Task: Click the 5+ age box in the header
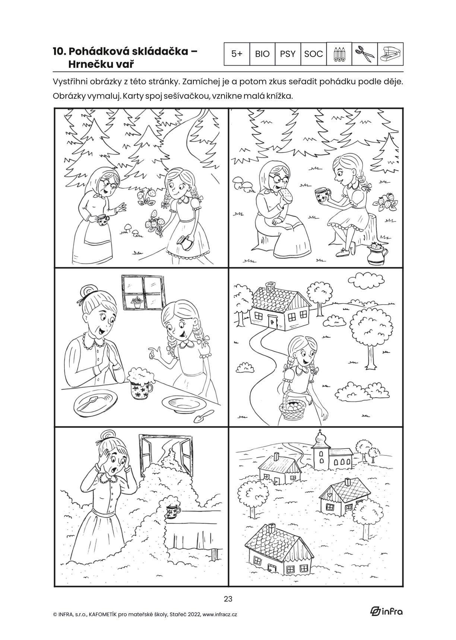click(237, 54)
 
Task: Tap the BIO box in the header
click(262, 54)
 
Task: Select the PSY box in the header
click(288, 54)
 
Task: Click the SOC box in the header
click(313, 54)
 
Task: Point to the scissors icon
click(365, 54)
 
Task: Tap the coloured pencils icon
click(339, 54)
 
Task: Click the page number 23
click(228, 599)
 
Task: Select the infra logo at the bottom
click(386, 611)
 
